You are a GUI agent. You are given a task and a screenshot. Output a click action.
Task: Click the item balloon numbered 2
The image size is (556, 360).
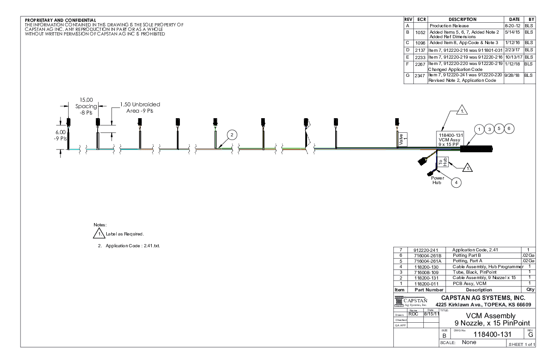(x=231, y=135)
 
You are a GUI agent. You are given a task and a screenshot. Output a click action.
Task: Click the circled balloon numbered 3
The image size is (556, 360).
(x=490, y=129)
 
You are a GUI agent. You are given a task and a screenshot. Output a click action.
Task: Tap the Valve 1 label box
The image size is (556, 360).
(x=401, y=141)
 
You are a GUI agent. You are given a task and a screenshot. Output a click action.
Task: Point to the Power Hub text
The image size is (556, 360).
(x=437, y=180)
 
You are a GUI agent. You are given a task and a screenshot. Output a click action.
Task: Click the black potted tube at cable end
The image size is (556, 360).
(x=477, y=149)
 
